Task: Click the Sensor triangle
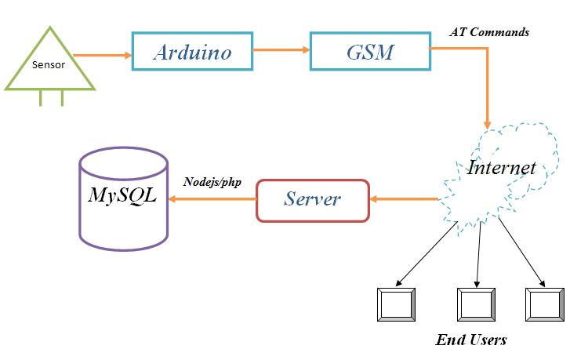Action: click(x=49, y=64)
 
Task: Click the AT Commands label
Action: click(x=489, y=33)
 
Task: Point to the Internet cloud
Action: click(x=502, y=168)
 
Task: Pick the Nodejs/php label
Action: click(x=212, y=182)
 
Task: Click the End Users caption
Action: click(x=470, y=340)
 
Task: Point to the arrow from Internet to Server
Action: click(x=403, y=199)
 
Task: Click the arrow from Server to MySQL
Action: click(x=212, y=199)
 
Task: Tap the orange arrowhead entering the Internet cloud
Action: click(x=488, y=123)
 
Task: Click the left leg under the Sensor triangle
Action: click(x=42, y=98)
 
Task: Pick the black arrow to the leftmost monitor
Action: click(x=427, y=256)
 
